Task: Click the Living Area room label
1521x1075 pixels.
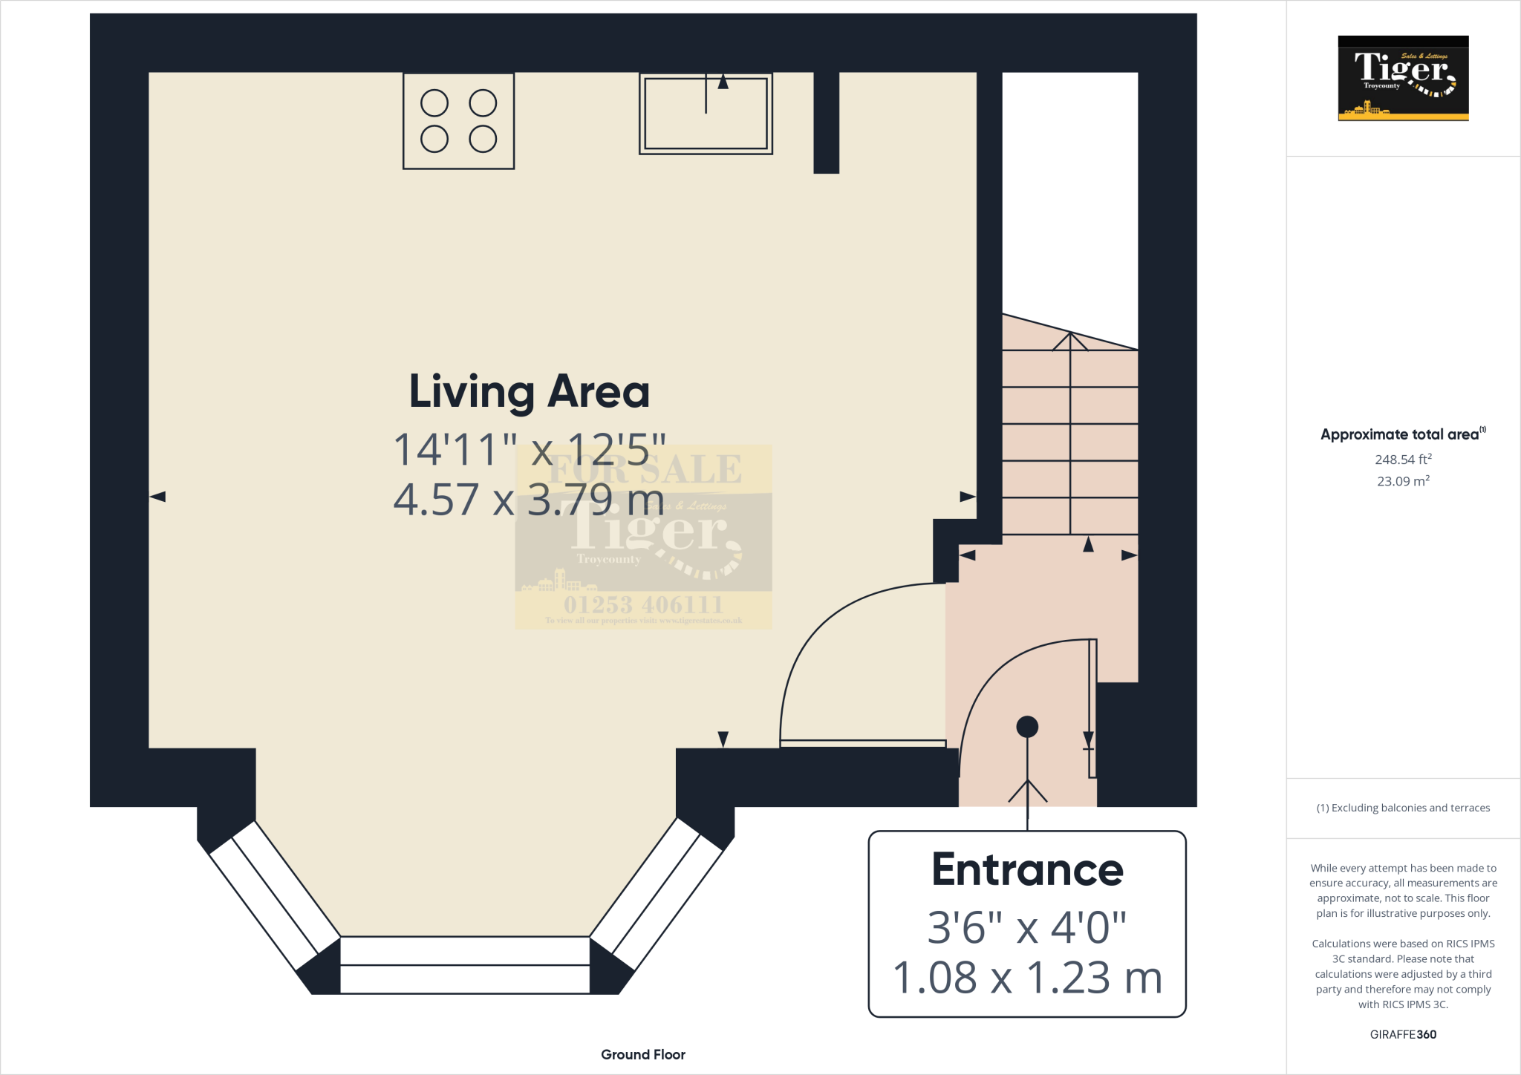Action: tap(530, 391)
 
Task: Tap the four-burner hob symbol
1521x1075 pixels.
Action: tap(458, 121)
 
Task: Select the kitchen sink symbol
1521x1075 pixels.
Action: tap(706, 114)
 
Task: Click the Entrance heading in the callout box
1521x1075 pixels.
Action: tap(1027, 869)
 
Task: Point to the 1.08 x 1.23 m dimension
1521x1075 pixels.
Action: tap(1027, 978)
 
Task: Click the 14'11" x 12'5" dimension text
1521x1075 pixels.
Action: tap(530, 449)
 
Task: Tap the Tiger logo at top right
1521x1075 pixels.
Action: tap(1403, 78)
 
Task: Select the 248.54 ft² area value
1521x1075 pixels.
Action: tap(1403, 460)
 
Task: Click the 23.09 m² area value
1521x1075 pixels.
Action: tap(1403, 481)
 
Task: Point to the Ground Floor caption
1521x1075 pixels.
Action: tap(643, 1054)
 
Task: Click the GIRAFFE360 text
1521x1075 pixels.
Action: tap(1403, 1034)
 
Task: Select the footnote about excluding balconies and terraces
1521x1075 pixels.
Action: tap(1403, 808)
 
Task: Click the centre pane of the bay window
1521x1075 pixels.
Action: tap(465, 965)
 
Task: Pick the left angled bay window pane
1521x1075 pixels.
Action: tap(274, 895)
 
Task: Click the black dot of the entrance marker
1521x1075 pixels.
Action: tap(1027, 726)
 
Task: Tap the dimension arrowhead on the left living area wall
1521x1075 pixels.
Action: tap(157, 497)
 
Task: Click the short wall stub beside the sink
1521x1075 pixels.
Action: tap(826, 123)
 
